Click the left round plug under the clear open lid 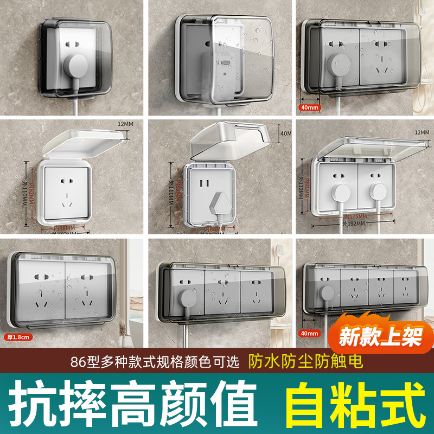coord(339,190)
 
